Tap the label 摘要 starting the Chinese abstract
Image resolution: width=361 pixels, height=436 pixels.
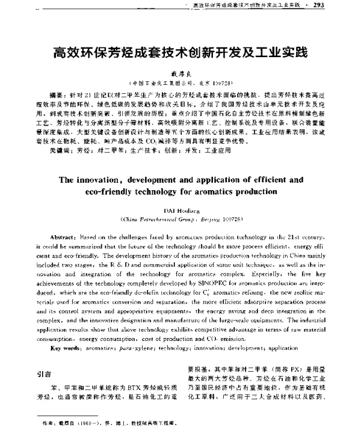coord(57,95)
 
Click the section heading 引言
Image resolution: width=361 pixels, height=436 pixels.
coord(44,373)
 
